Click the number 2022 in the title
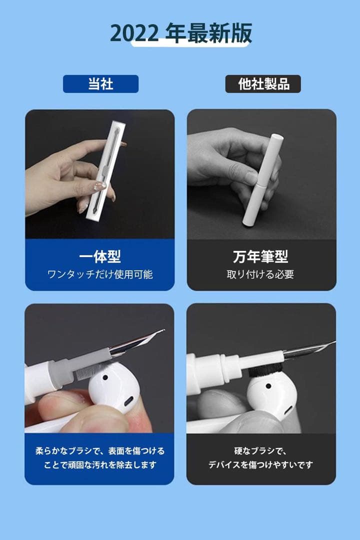point(134,34)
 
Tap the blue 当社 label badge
point(100,84)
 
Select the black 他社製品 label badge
point(263,84)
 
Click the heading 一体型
point(100,256)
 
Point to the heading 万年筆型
point(260,256)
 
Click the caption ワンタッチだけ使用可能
point(100,274)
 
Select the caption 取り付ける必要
point(260,274)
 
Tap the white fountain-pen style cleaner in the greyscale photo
point(262,180)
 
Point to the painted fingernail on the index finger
point(100,186)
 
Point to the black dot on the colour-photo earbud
point(105,377)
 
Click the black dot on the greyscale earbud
point(268,386)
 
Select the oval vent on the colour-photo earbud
point(129,401)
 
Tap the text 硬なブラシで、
point(260,451)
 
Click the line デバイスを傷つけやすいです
point(260,464)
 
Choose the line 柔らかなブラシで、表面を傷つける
point(100,451)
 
